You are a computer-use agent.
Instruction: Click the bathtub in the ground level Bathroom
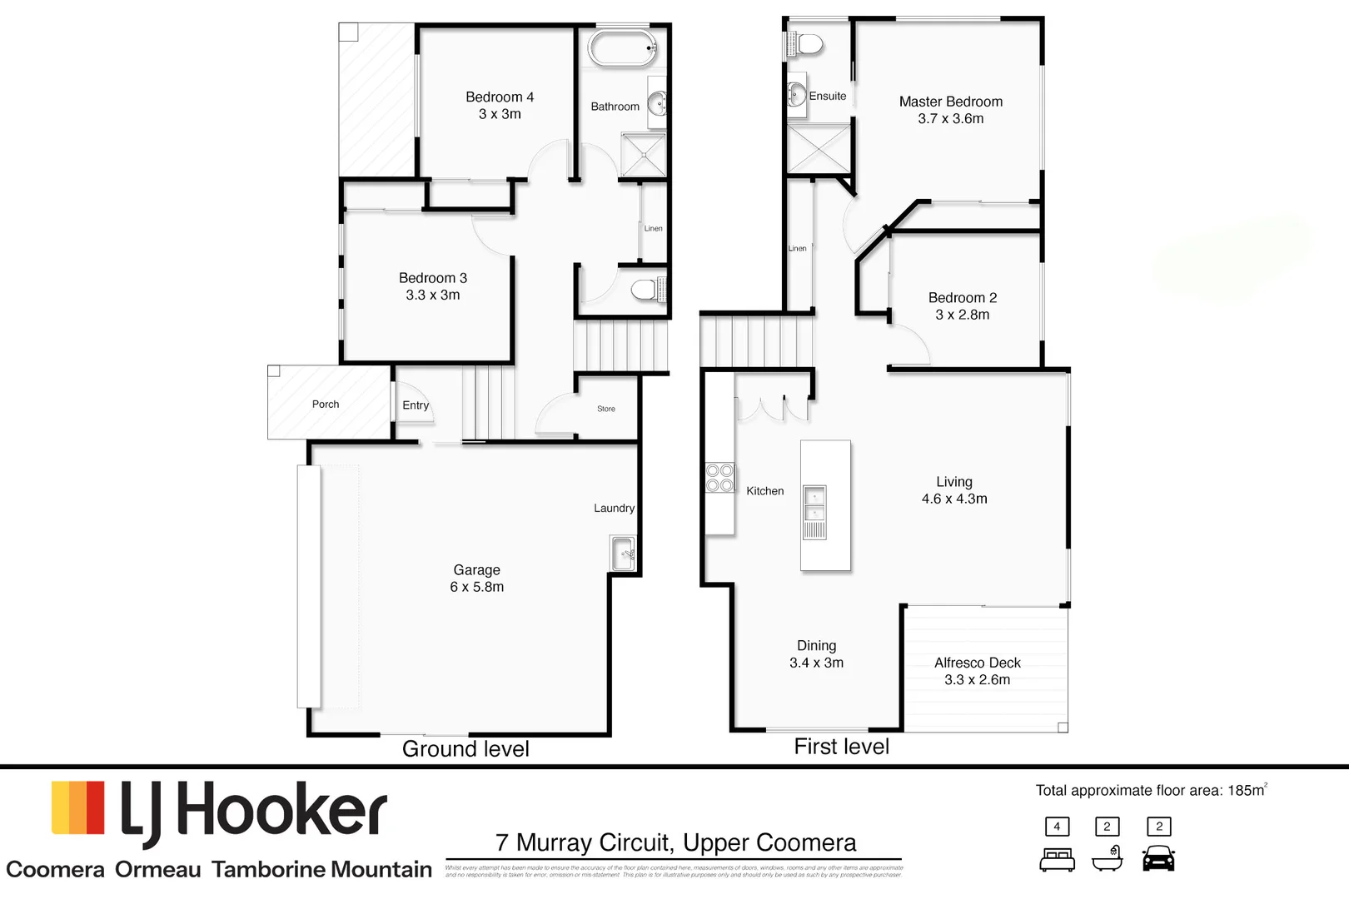tap(623, 48)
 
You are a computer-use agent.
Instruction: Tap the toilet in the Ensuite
tap(807, 44)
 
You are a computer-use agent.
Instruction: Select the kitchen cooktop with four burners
tap(719, 478)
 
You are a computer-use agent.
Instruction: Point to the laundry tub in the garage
tap(623, 554)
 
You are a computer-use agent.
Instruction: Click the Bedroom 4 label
tap(500, 97)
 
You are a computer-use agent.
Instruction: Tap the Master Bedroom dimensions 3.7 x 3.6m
tap(950, 119)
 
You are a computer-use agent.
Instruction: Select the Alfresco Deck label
tap(977, 663)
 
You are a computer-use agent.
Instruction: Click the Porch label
tap(326, 405)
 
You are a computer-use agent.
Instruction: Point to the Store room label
tap(606, 409)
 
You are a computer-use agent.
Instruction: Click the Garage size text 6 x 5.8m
tap(476, 587)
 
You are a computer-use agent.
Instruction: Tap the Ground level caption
tap(465, 749)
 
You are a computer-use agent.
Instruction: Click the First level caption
tap(841, 747)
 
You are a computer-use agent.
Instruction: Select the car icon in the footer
tap(1158, 858)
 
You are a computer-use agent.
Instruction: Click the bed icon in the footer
tap(1057, 859)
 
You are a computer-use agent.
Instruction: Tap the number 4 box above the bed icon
tap(1057, 827)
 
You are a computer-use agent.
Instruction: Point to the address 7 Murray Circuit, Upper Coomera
tap(675, 843)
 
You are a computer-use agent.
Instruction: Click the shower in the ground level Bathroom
tap(643, 154)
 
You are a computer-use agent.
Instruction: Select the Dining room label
tap(816, 646)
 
